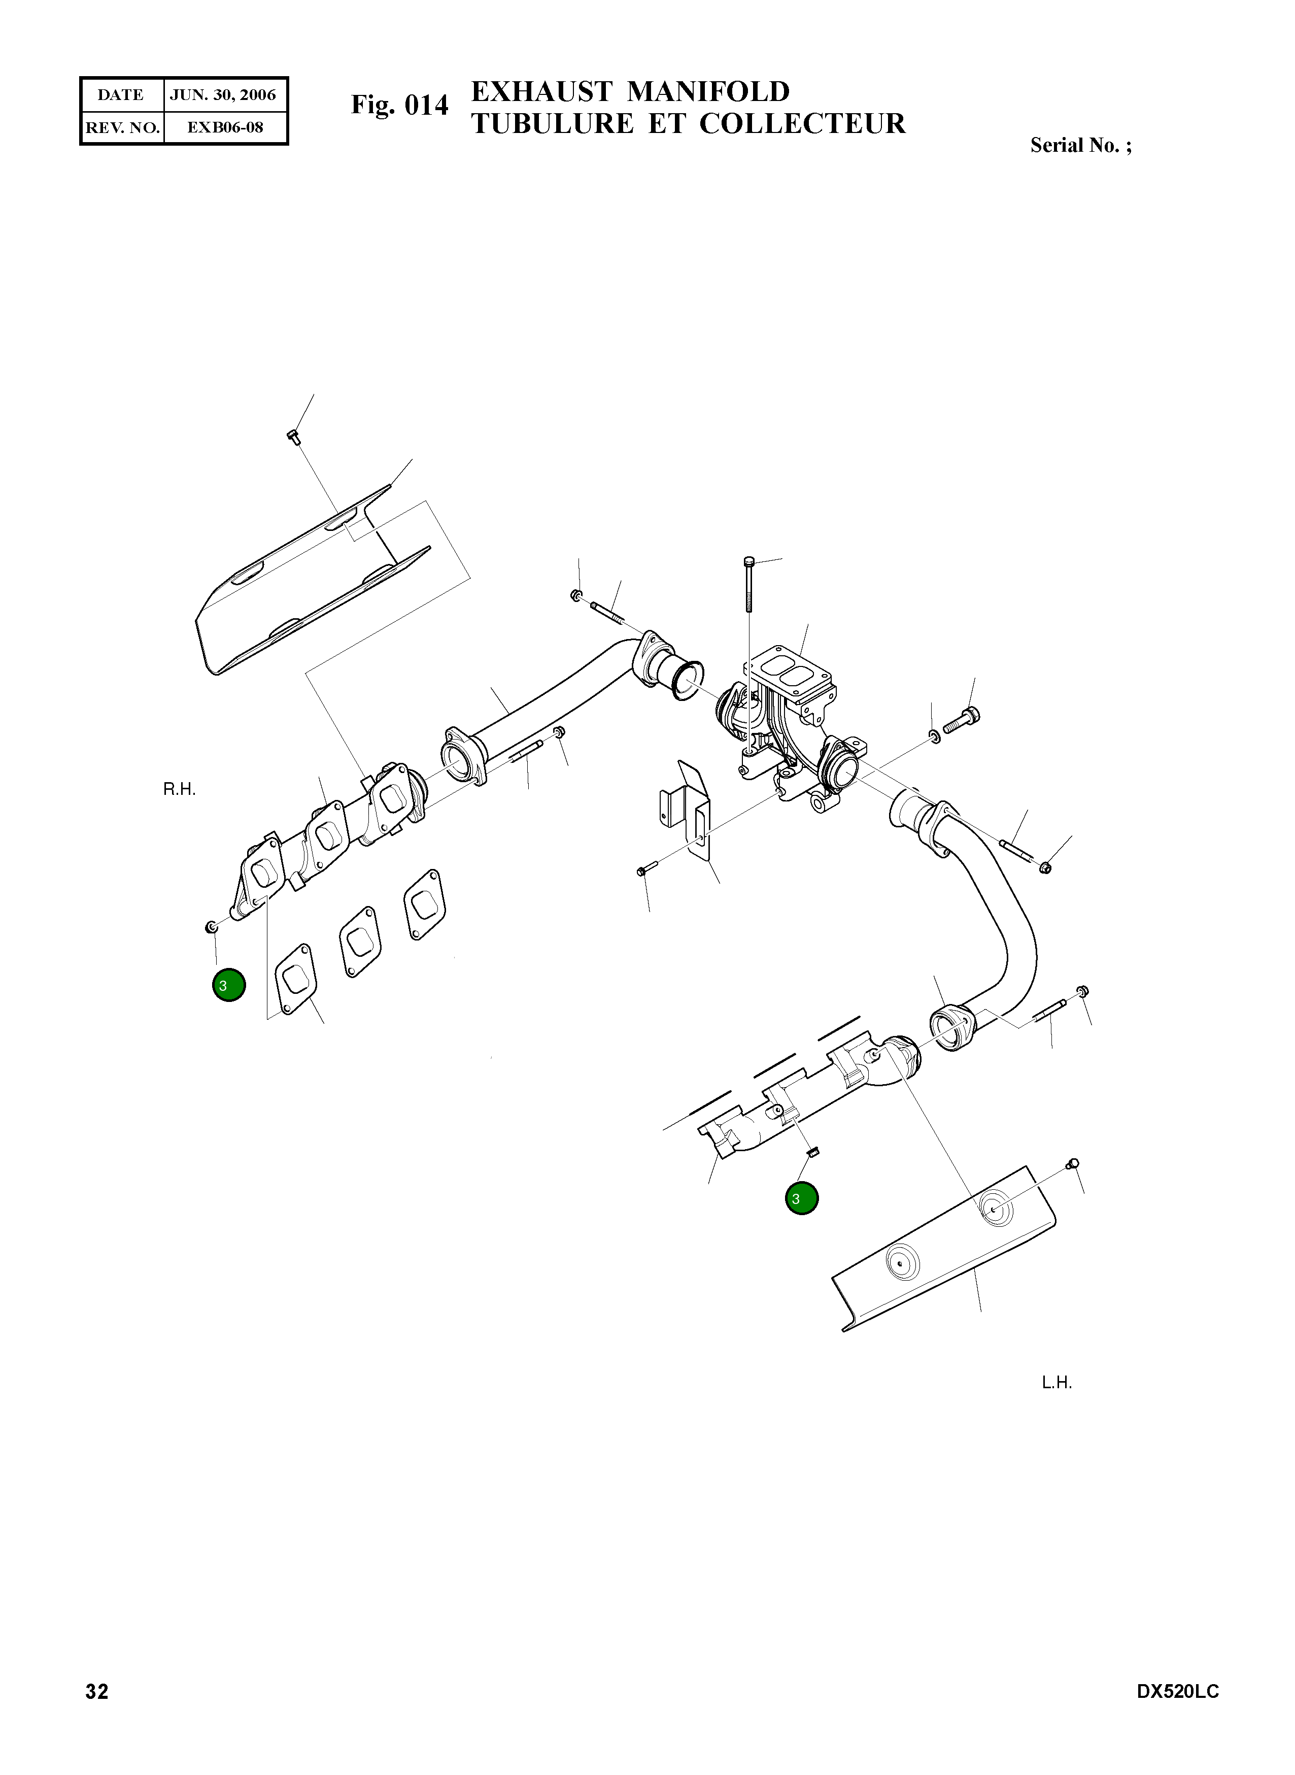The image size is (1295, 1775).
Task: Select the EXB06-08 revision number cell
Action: coord(225,127)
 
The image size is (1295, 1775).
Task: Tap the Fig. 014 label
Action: coord(400,105)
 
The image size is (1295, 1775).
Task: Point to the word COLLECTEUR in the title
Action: coord(802,124)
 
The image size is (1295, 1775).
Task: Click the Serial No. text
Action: coord(1080,145)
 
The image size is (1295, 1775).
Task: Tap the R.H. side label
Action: coord(180,790)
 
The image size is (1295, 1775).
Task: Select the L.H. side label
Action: coord(1056,1383)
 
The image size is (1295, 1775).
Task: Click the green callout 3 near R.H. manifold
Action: coord(229,986)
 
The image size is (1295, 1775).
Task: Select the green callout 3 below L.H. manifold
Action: coord(801,1199)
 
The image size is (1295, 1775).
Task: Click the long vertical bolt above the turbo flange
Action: coord(750,588)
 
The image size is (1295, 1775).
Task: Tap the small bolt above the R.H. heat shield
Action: coord(295,437)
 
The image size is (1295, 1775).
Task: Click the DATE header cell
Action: coord(121,95)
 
